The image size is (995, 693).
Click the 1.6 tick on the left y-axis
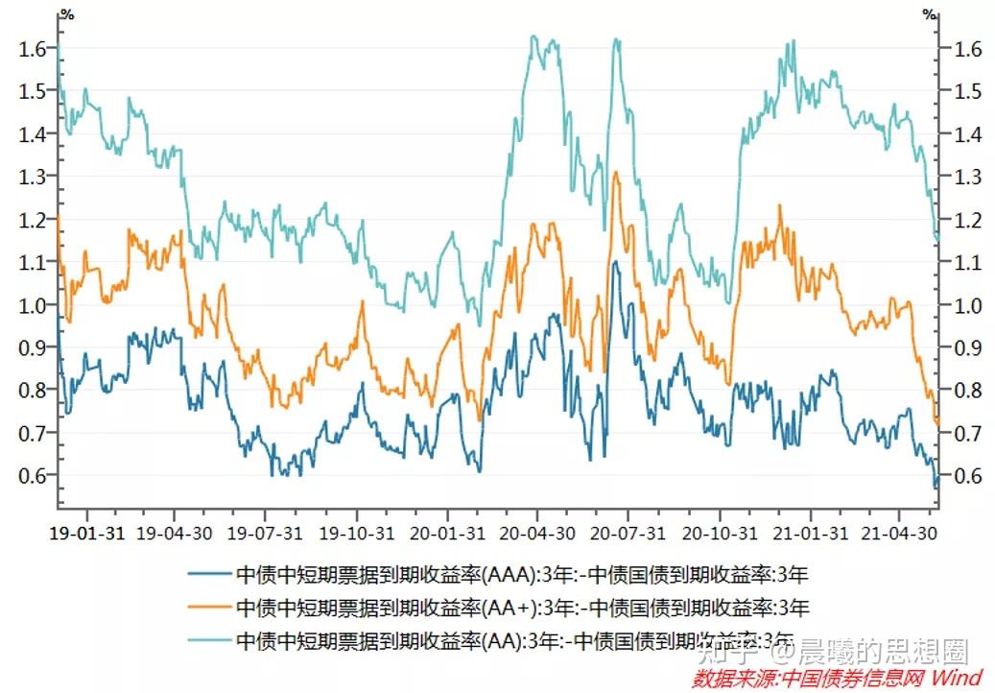tap(34, 49)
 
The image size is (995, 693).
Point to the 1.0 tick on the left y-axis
tap(34, 305)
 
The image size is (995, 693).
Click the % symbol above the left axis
tap(66, 13)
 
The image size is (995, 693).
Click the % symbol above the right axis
tap(928, 13)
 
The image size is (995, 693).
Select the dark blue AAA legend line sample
tap(208, 576)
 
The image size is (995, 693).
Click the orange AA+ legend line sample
tap(208, 608)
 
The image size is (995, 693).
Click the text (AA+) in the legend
tap(514, 608)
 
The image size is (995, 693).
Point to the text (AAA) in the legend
tap(510, 576)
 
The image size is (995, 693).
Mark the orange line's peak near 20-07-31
tap(615, 174)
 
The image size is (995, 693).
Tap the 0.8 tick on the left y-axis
tap(34, 391)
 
